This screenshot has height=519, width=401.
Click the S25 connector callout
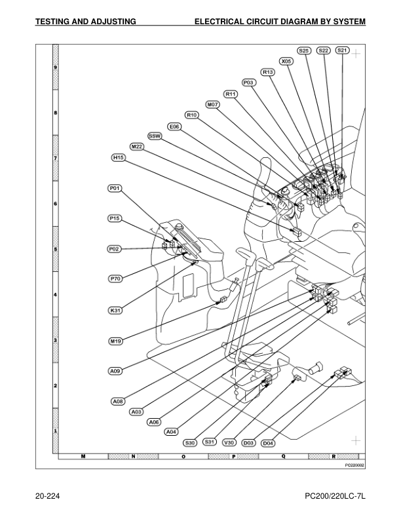[x=304, y=50]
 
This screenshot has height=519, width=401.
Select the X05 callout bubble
[x=286, y=61]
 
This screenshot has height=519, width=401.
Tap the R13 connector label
[x=267, y=72]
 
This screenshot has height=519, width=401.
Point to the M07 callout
[x=213, y=104]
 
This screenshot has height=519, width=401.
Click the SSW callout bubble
[x=155, y=136]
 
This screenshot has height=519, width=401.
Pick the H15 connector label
[x=119, y=157]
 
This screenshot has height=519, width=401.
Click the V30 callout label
[x=230, y=442]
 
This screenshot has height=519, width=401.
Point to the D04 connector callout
[x=268, y=444]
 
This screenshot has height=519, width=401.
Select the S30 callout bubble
[x=191, y=442]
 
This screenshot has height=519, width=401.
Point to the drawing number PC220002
[x=354, y=463]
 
